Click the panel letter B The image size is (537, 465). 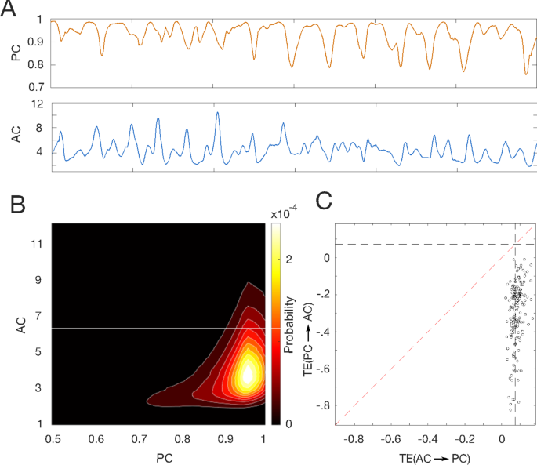point(18,205)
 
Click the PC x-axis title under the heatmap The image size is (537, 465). point(158,454)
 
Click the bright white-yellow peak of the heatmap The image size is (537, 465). point(248,375)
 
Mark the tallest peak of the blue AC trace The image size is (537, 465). point(217,113)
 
